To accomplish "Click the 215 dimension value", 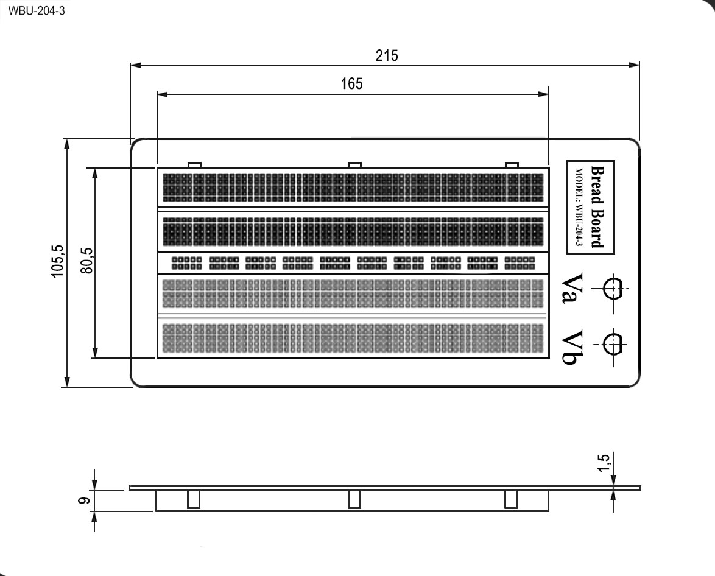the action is coord(387,55).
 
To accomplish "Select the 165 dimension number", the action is coord(351,84).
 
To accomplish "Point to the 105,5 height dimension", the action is coord(57,261).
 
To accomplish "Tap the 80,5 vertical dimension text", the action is coord(86,261).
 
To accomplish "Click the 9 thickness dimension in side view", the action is coord(83,500).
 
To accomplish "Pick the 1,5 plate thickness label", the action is coord(603,463).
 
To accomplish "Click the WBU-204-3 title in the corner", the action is coord(37,11).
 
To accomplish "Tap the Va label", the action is coord(572,288).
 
